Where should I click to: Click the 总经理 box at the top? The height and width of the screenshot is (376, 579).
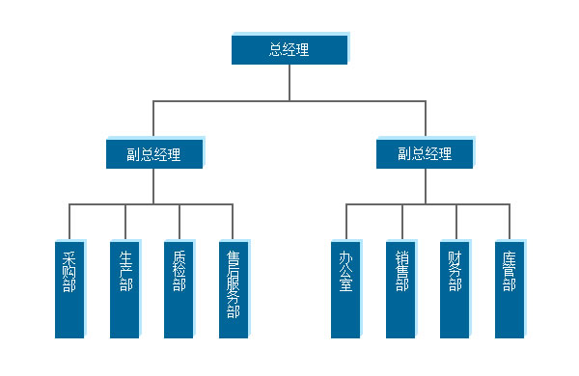pyautogui.click(x=289, y=49)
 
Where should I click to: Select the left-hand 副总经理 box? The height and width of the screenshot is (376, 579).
pyautogui.click(x=154, y=153)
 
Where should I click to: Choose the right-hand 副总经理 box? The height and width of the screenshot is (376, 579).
pyautogui.click(x=425, y=153)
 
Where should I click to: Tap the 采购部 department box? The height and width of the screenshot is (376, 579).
pyautogui.click(x=69, y=288)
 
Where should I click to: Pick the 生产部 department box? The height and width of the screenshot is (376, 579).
pyautogui.click(x=124, y=288)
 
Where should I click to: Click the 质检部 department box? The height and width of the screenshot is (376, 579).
pyautogui.click(x=179, y=288)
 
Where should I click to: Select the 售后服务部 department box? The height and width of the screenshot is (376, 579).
pyautogui.click(x=234, y=288)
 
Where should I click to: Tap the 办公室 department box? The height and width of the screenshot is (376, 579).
pyautogui.click(x=345, y=288)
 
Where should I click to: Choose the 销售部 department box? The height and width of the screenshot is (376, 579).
pyautogui.click(x=401, y=288)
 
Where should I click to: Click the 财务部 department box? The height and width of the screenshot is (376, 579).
pyautogui.click(x=455, y=288)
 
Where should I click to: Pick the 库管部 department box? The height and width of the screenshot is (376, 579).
pyautogui.click(x=510, y=288)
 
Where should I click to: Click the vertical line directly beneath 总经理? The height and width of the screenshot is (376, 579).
pyautogui.click(x=289, y=82)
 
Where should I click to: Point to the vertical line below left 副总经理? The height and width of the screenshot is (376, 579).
pyautogui.click(x=154, y=186)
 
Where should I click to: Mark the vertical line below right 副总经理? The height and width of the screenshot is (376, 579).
pyautogui.click(x=425, y=186)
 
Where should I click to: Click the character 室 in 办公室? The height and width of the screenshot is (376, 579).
pyautogui.click(x=345, y=286)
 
